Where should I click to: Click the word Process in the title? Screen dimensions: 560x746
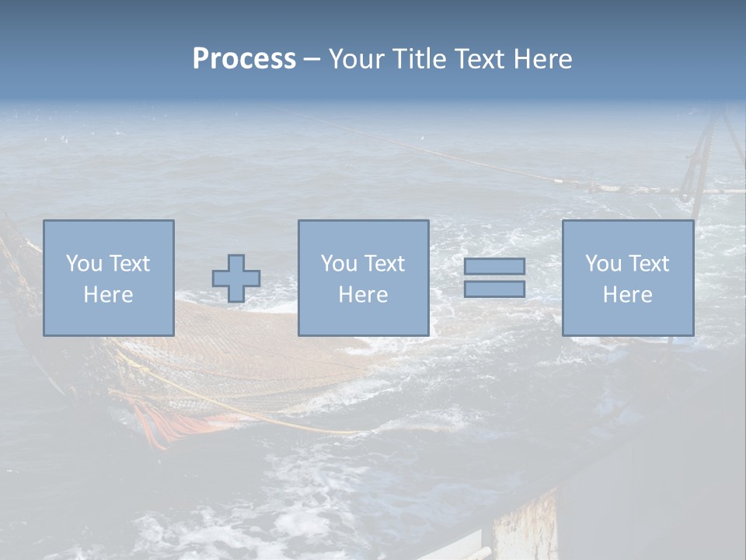click(244, 59)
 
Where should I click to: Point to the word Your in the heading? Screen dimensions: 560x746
click(355, 59)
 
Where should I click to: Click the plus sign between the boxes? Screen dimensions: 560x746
click(236, 278)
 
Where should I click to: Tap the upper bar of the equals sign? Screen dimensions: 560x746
click(494, 266)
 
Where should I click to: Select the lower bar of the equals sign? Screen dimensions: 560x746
click(494, 289)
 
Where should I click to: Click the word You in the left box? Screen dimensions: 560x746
click(83, 264)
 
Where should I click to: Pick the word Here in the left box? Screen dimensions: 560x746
click(108, 295)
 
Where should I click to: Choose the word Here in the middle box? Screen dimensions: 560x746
click(363, 295)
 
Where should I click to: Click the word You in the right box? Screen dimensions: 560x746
click(603, 264)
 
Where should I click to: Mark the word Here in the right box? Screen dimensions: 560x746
click(627, 295)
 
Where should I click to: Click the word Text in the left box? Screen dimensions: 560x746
click(128, 264)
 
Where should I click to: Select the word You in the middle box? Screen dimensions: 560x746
click(339, 264)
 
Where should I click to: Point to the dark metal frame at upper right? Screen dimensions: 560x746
click(703, 152)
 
